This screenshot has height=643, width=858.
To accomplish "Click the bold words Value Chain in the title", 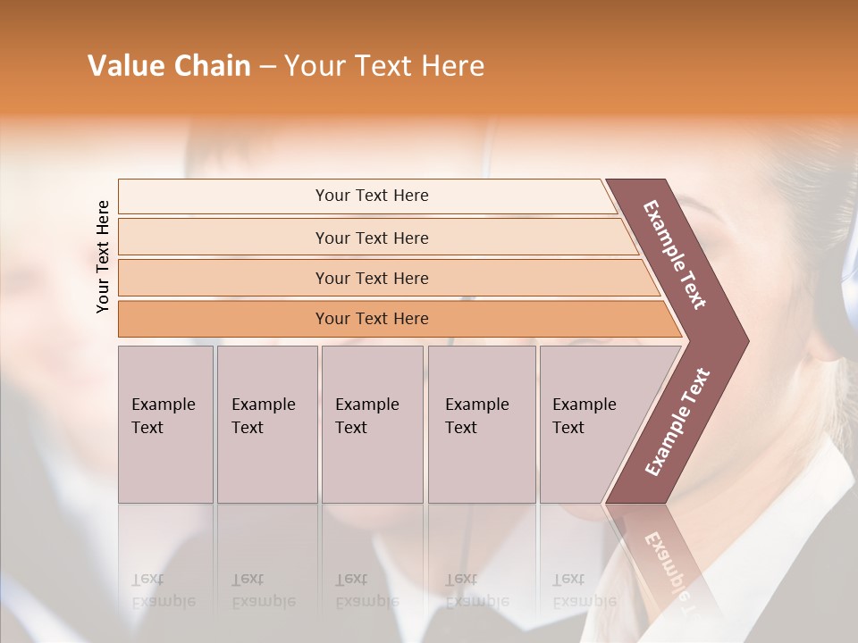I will coord(169,66).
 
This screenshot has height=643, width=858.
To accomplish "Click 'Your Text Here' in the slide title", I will coord(384,66).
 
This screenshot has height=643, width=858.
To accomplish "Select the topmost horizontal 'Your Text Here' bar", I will coord(371,196).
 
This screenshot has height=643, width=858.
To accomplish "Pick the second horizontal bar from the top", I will coord(371,238).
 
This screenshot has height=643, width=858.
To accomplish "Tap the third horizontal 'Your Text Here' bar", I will coord(371,278).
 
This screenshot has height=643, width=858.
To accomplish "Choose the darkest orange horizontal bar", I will coord(371,319).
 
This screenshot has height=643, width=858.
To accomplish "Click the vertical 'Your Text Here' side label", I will coord(103,256).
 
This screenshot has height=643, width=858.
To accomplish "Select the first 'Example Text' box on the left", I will coord(165,423).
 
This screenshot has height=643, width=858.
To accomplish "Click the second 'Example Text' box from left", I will coord(267,423).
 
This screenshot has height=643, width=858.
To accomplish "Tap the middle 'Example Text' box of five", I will coord(372,423).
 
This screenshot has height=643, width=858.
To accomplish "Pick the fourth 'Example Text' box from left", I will coord(482,423).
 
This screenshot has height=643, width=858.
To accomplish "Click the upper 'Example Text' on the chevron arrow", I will coord(675,255).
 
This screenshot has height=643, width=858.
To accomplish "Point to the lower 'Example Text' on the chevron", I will coord(677,422).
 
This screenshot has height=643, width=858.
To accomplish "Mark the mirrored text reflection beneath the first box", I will coord(163,590).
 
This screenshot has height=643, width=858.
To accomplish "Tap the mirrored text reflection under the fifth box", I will coord(584,590).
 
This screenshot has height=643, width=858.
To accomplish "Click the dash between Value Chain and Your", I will coord(267,67).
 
